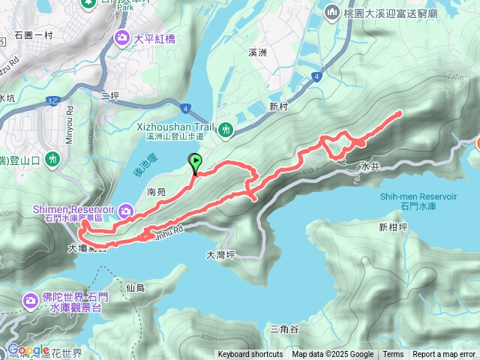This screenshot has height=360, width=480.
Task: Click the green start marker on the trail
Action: (196, 160)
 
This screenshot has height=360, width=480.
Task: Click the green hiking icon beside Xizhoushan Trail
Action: (226, 131)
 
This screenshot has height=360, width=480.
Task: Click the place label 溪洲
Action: (256, 54)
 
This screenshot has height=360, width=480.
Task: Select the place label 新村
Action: (278, 105)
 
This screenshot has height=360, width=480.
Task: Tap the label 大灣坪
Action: (220, 255)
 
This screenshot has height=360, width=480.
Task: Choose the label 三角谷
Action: (284, 328)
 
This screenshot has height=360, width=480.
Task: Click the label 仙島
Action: (136, 287)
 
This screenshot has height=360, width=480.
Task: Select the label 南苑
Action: (157, 192)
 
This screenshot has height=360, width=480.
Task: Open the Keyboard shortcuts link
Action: (250, 355)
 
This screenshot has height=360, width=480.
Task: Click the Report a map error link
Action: (443, 355)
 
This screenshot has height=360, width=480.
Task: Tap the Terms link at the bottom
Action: (393, 355)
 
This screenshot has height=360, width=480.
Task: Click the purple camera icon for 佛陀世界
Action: (31, 301)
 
